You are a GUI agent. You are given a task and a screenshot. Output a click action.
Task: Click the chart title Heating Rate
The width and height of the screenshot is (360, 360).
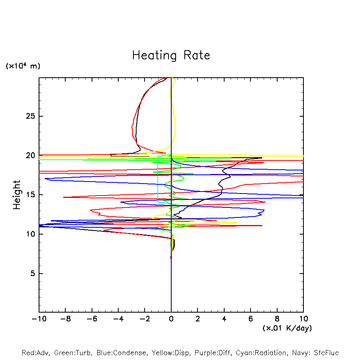coord(171,55)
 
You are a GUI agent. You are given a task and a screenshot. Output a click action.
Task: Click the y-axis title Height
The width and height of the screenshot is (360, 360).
coord(17,195)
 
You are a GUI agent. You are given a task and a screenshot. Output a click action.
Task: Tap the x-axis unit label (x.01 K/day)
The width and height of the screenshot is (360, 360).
coord(287,328)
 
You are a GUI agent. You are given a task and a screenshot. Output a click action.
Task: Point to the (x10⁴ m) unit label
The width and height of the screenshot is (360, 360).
coord(23,66)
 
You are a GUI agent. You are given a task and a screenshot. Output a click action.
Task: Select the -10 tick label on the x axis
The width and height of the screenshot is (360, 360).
coord(39,319)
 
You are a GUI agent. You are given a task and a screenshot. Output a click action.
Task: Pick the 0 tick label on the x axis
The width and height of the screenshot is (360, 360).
coord(171,319)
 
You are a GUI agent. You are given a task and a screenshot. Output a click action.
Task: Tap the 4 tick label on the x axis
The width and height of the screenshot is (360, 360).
coord(224,319)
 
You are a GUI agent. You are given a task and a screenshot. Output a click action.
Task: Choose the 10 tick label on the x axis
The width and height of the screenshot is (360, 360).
coord(303,319)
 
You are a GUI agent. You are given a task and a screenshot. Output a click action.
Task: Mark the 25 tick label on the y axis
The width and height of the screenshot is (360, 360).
coord(29,116)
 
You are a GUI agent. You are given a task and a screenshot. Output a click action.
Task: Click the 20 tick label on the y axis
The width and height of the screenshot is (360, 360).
coord(29,156)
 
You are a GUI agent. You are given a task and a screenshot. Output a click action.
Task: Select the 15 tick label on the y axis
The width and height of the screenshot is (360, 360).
coord(29,195)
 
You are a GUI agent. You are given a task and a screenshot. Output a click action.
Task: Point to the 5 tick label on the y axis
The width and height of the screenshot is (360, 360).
coord(31,274)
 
